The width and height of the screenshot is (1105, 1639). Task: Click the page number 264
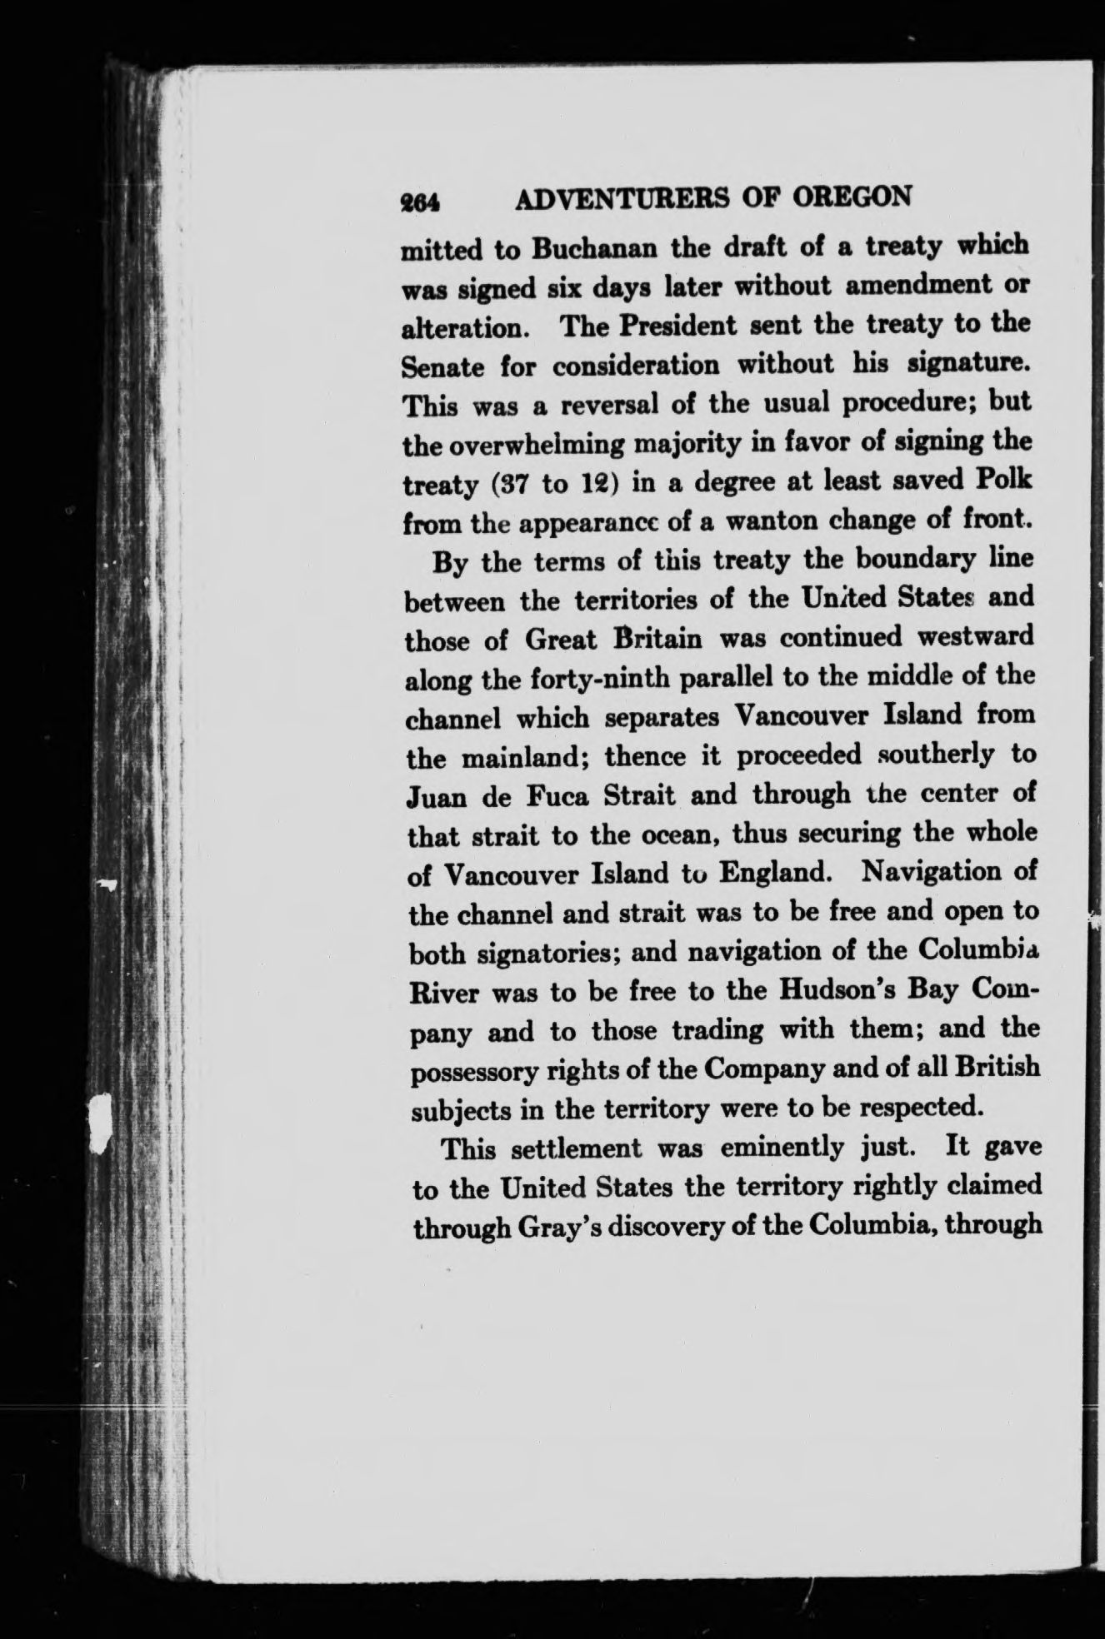tap(420, 201)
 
